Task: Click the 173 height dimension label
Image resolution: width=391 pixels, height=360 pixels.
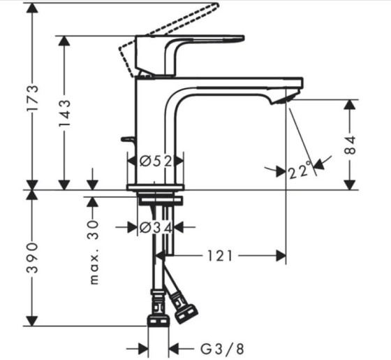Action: tap(32, 98)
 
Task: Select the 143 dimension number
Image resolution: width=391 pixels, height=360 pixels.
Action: tap(64, 113)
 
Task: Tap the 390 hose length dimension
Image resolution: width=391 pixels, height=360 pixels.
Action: tap(32, 257)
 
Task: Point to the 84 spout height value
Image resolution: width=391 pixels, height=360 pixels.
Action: tap(351, 145)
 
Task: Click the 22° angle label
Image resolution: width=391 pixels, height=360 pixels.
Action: tap(300, 170)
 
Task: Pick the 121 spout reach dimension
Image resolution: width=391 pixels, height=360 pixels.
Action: tap(220, 256)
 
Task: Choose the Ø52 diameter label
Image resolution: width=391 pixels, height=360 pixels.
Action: tap(156, 161)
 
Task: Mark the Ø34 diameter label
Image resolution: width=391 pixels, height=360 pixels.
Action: tap(156, 227)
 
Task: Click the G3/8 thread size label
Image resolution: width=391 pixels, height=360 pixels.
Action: tap(222, 349)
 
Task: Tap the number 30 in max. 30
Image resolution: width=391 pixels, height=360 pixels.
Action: tap(94, 230)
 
